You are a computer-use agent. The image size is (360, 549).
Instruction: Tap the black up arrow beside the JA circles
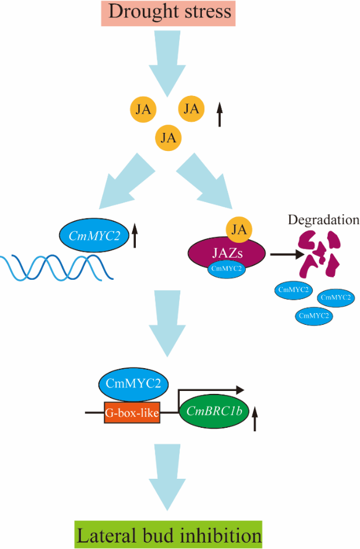click(x=220, y=114)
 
